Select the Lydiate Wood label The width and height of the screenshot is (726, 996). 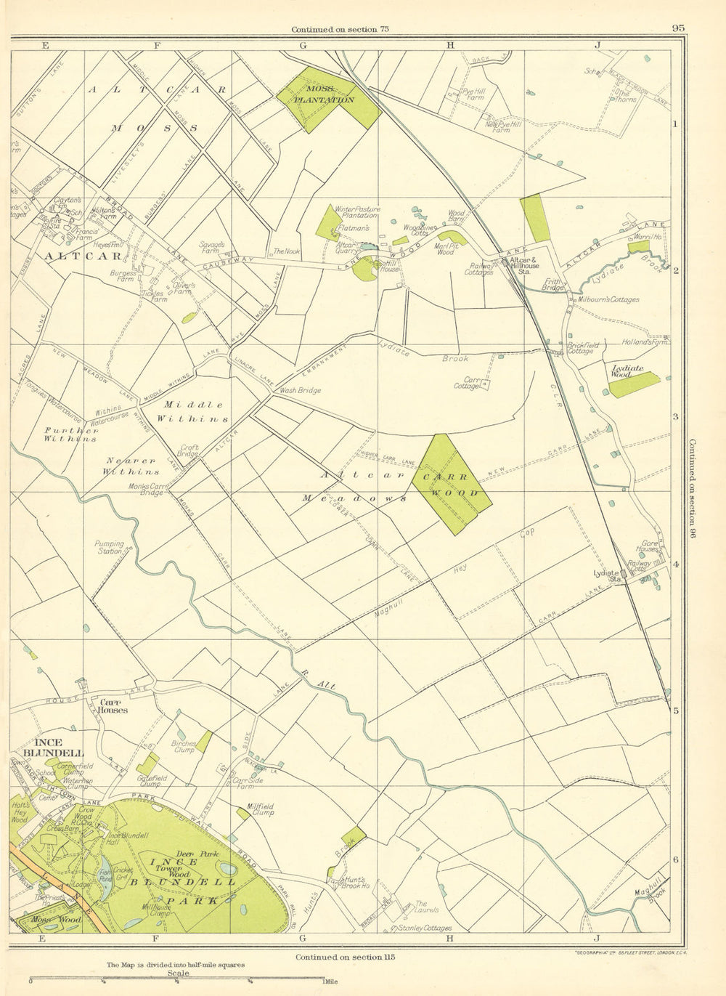(x=628, y=368)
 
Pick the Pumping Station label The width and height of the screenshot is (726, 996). (x=109, y=547)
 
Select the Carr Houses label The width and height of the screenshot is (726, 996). (x=113, y=705)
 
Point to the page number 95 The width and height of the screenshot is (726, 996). (x=678, y=29)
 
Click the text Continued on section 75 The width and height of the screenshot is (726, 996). (x=340, y=29)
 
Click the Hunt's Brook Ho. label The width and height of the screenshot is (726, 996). (x=356, y=886)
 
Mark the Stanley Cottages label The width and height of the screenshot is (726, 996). (x=425, y=928)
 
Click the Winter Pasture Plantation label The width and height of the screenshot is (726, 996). (x=356, y=211)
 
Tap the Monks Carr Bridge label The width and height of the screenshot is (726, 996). (x=146, y=490)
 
